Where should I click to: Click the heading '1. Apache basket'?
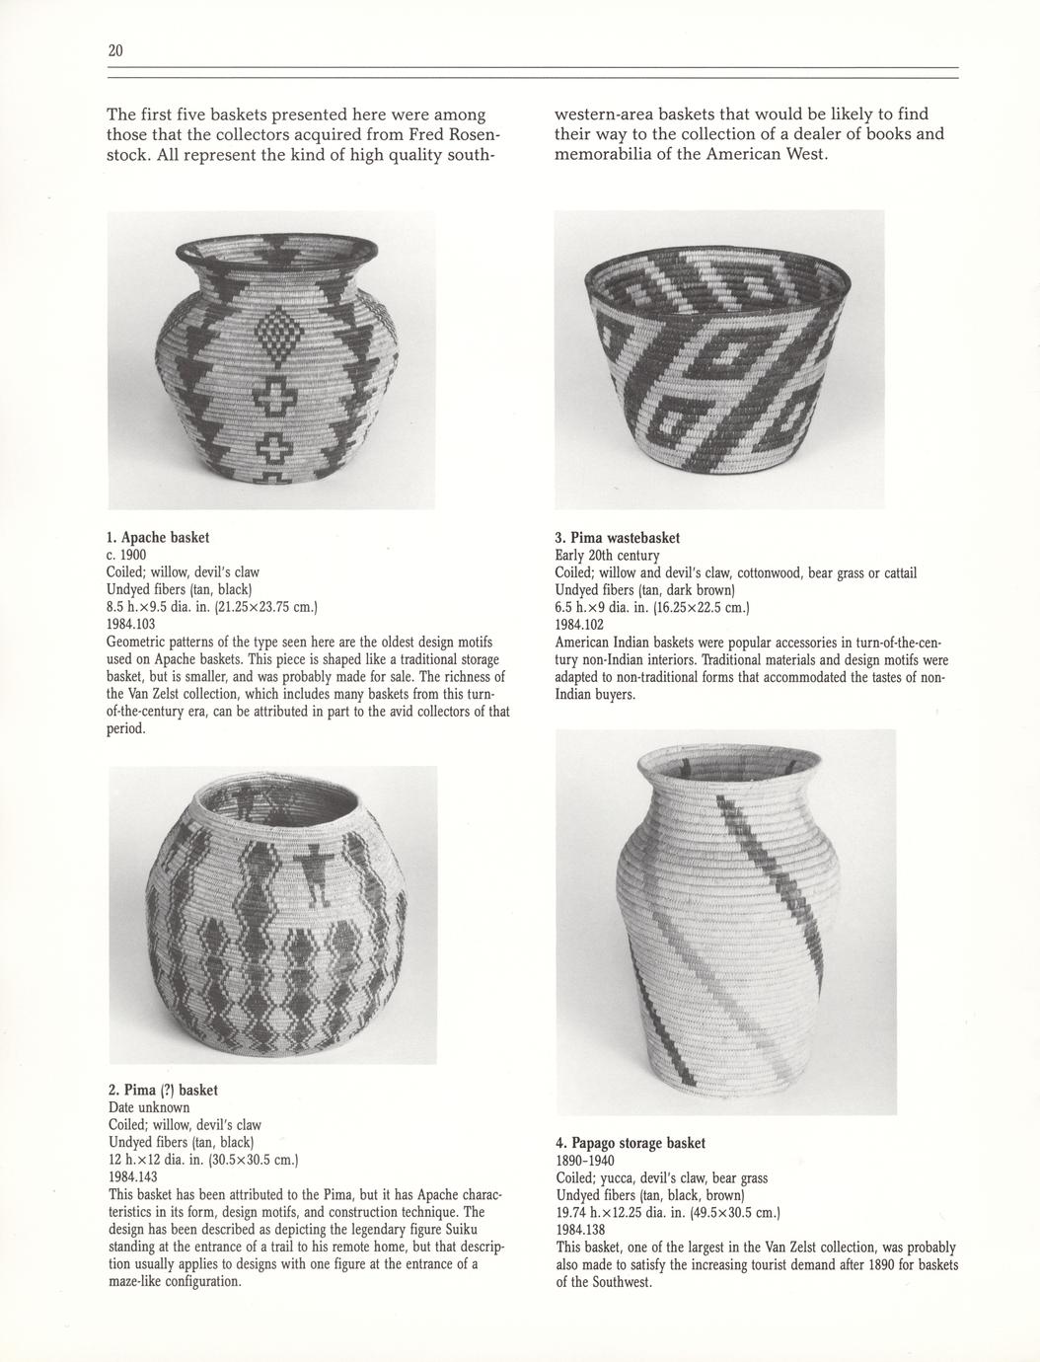pyautogui.click(x=158, y=538)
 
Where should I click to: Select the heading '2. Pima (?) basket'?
pyautogui.click(x=163, y=1091)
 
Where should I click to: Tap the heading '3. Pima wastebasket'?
pyautogui.click(x=617, y=538)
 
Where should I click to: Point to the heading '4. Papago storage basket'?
pyautogui.click(x=631, y=1143)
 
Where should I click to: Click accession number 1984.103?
pyautogui.click(x=128, y=625)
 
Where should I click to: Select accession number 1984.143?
pyautogui.click(x=130, y=1177)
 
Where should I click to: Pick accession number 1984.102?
pyautogui.click(x=579, y=625)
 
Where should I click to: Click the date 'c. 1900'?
pyautogui.click(x=125, y=556)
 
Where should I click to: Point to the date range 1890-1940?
pyautogui.click(x=585, y=1161)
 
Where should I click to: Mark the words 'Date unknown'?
pyautogui.click(x=148, y=1108)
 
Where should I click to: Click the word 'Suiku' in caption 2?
pyautogui.click(x=468, y=1230)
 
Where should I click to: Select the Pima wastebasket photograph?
pyautogui.click(x=719, y=360)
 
